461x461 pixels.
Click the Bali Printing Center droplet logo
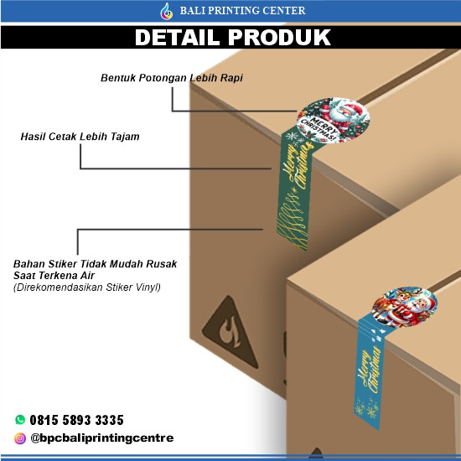point(166,11)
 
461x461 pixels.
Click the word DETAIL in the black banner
point(184,38)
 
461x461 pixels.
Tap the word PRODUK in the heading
point(282,38)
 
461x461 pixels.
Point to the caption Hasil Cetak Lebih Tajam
point(80,135)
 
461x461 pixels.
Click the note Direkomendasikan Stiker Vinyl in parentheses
point(86,287)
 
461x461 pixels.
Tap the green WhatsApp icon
point(20,420)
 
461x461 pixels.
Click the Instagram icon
point(20,438)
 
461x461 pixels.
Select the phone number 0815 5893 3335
point(77,420)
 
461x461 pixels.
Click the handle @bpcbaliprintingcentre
point(101,438)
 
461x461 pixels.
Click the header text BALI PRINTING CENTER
point(242,11)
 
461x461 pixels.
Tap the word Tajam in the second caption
point(124,135)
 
